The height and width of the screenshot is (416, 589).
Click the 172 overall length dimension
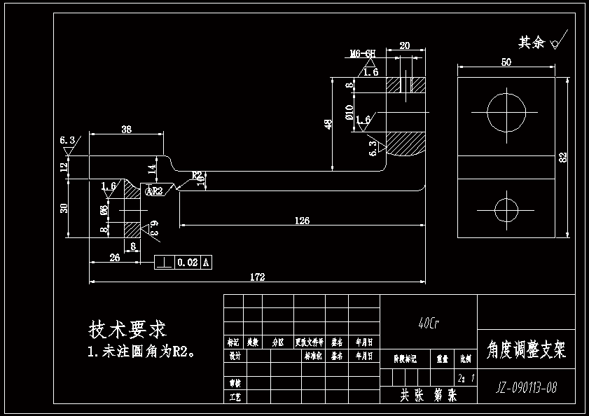(x=257, y=277)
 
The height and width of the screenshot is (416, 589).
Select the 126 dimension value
(x=301, y=221)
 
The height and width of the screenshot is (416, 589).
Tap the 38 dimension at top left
(x=127, y=130)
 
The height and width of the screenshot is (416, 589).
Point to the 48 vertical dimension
(x=327, y=123)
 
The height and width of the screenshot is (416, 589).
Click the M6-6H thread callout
(x=363, y=53)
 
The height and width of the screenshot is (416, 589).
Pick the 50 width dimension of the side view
(x=506, y=62)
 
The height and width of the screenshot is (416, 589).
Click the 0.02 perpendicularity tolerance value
(x=187, y=263)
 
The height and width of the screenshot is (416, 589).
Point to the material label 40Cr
(x=428, y=324)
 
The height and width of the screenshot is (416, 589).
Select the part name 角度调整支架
(x=525, y=349)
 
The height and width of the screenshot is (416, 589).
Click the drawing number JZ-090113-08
(x=526, y=387)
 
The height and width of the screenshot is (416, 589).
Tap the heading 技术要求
(x=127, y=329)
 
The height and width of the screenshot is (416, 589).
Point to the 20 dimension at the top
(x=404, y=45)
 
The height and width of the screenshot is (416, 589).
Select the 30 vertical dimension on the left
(x=64, y=209)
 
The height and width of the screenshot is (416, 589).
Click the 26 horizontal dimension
(x=115, y=258)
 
